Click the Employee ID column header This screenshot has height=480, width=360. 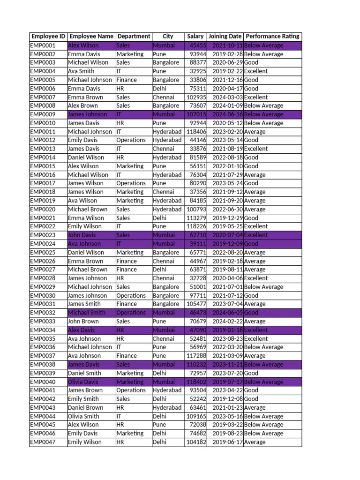(x=48, y=37)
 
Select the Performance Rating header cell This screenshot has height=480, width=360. (x=272, y=37)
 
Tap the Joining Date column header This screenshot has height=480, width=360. (x=225, y=37)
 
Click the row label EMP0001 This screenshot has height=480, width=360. (x=43, y=45)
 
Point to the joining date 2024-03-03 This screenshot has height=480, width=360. (x=227, y=97)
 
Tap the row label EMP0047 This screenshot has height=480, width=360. (x=43, y=442)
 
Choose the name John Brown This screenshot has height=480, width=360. (x=83, y=322)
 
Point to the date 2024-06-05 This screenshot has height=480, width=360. (x=227, y=313)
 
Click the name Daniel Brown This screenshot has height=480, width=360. (x=85, y=408)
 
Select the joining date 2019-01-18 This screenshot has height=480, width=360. (x=227, y=330)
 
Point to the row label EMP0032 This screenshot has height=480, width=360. (x=43, y=313)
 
